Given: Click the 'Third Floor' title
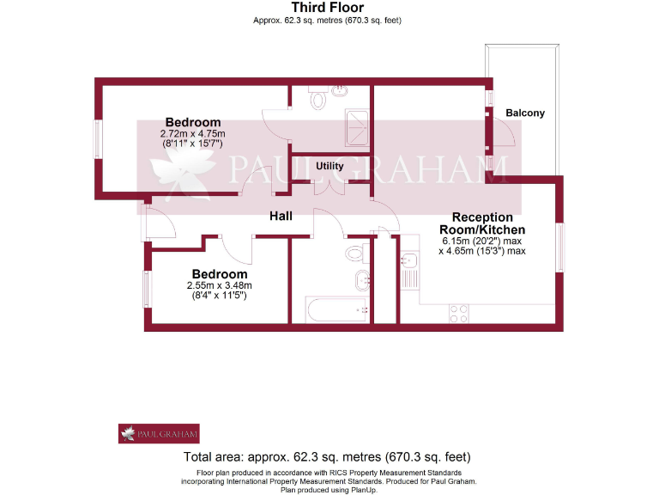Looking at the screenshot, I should click(329, 8).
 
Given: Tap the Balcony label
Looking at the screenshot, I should click(524, 113).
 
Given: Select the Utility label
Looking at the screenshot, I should click(330, 166).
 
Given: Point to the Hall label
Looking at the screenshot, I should click(281, 217).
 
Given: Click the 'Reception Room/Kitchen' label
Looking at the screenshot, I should click(481, 223).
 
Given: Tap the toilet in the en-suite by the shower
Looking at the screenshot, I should click(319, 101).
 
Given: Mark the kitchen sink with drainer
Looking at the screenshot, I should click(409, 269).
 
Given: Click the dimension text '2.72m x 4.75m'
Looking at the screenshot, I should click(192, 134).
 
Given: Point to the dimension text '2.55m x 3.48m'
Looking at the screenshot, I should click(219, 286).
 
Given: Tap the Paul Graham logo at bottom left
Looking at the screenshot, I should click(159, 433).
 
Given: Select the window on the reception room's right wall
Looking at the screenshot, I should click(562, 248).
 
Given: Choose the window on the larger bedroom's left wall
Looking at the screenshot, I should click(98, 137).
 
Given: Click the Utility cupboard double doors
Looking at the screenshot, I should click(330, 187).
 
